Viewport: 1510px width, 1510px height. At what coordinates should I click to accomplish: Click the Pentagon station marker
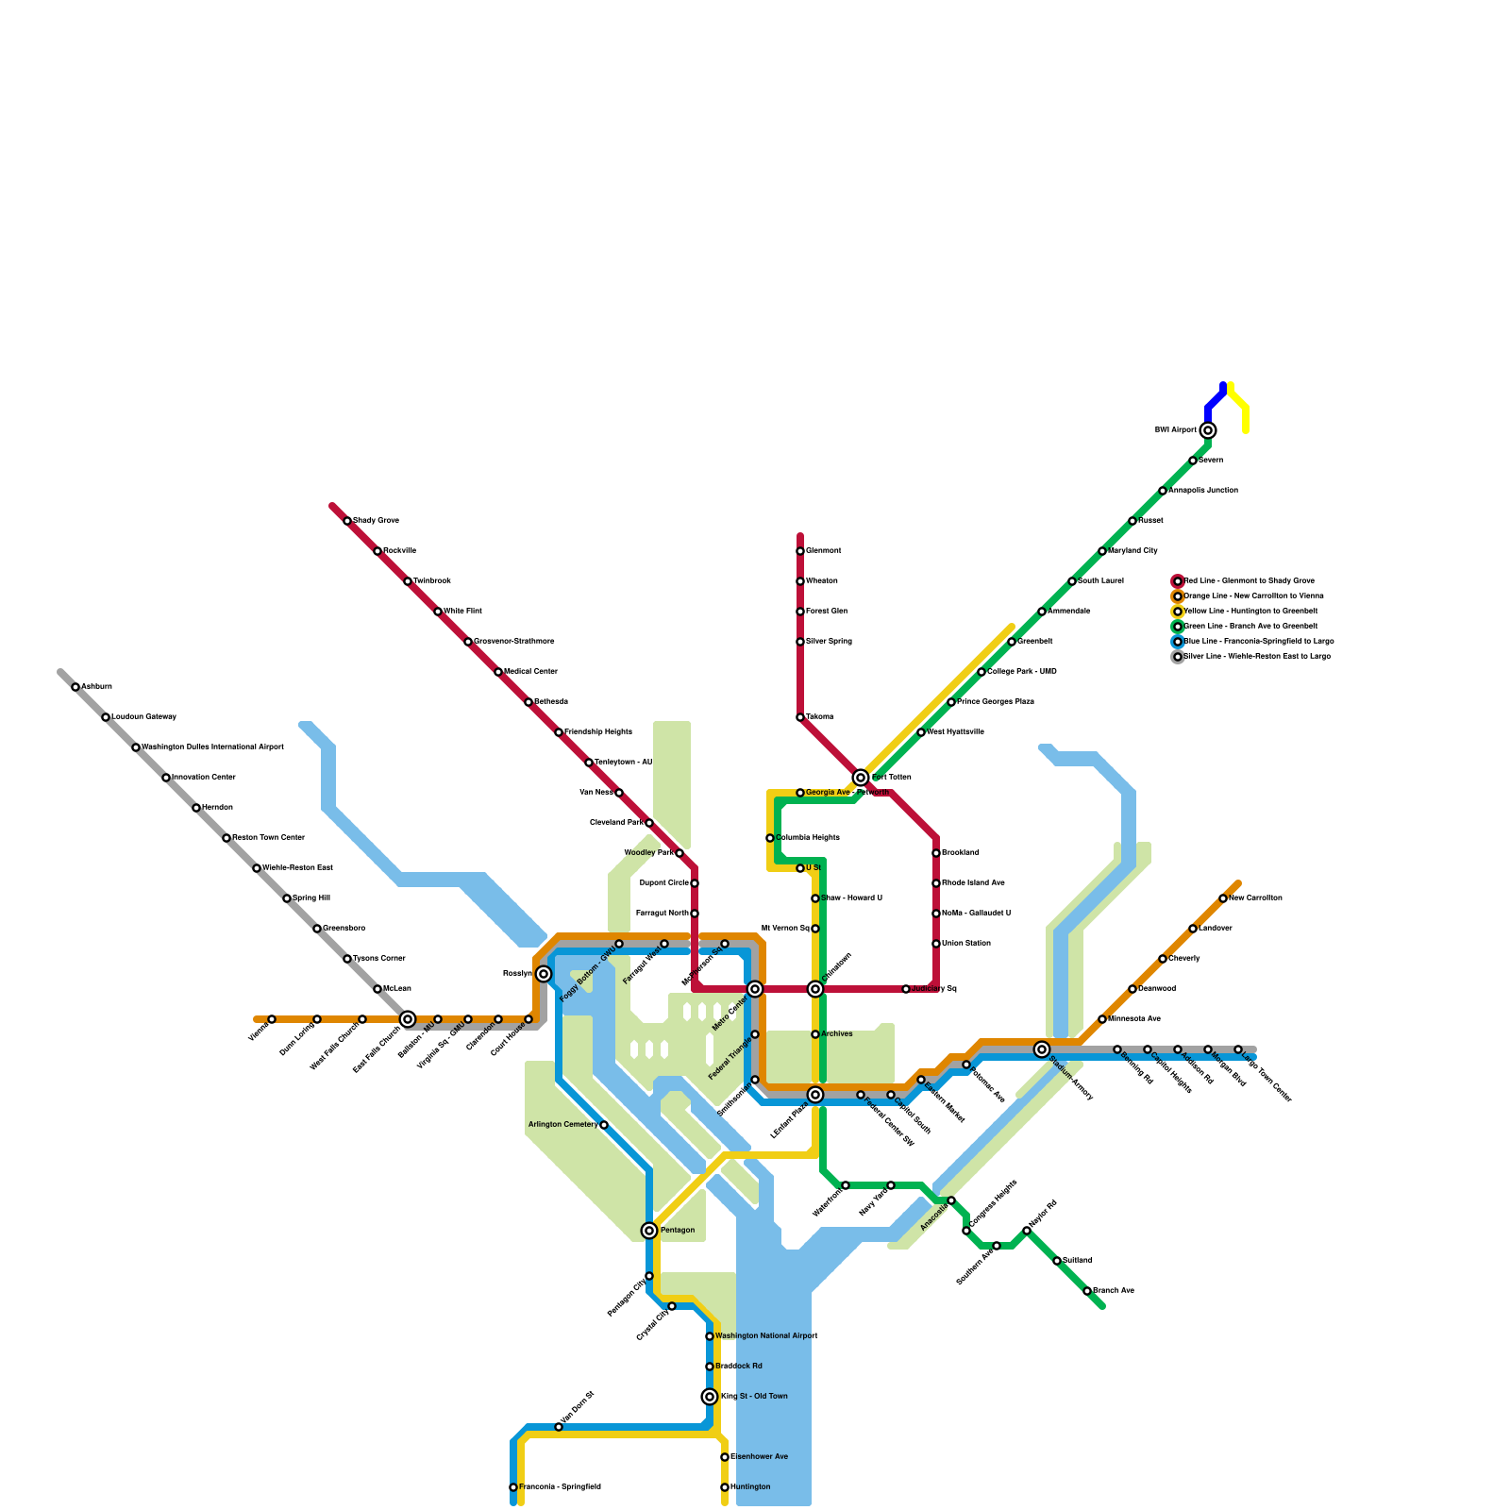click(x=649, y=1231)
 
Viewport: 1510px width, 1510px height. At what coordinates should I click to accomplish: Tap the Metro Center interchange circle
click(x=755, y=989)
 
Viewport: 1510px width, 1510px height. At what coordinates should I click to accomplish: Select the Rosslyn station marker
click(x=544, y=974)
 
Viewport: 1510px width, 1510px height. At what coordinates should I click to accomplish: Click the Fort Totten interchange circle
click(x=861, y=778)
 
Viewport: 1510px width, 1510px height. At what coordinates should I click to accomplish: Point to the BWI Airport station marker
click(x=1208, y=430)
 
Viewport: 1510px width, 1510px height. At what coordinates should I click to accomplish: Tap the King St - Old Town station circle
click(x=710, y=1397)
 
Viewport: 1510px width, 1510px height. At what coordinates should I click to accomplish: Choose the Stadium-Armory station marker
click(x=1042, y=1049)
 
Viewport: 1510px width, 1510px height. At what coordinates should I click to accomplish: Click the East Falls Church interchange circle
click(x=408, y=1019)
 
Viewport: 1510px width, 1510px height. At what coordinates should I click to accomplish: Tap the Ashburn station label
click(x=96, y=687)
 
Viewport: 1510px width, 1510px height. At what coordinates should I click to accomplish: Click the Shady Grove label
click(x=376, y=521)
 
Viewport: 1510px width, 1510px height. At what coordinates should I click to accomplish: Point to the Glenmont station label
click(x=823, y=551)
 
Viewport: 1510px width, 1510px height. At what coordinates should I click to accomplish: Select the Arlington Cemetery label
click(x=562, y=1125)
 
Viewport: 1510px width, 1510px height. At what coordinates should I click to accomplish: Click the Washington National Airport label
click(x=766, y=1336)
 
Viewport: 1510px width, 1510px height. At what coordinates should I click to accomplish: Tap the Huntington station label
click(x=750, y=1487)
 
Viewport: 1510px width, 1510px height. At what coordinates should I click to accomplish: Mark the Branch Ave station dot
click(x=1087, y=1291)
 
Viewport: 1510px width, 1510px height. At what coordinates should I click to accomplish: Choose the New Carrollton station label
click(x=1255, y=898)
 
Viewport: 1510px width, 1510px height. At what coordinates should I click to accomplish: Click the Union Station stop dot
click(x=936, y=944)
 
